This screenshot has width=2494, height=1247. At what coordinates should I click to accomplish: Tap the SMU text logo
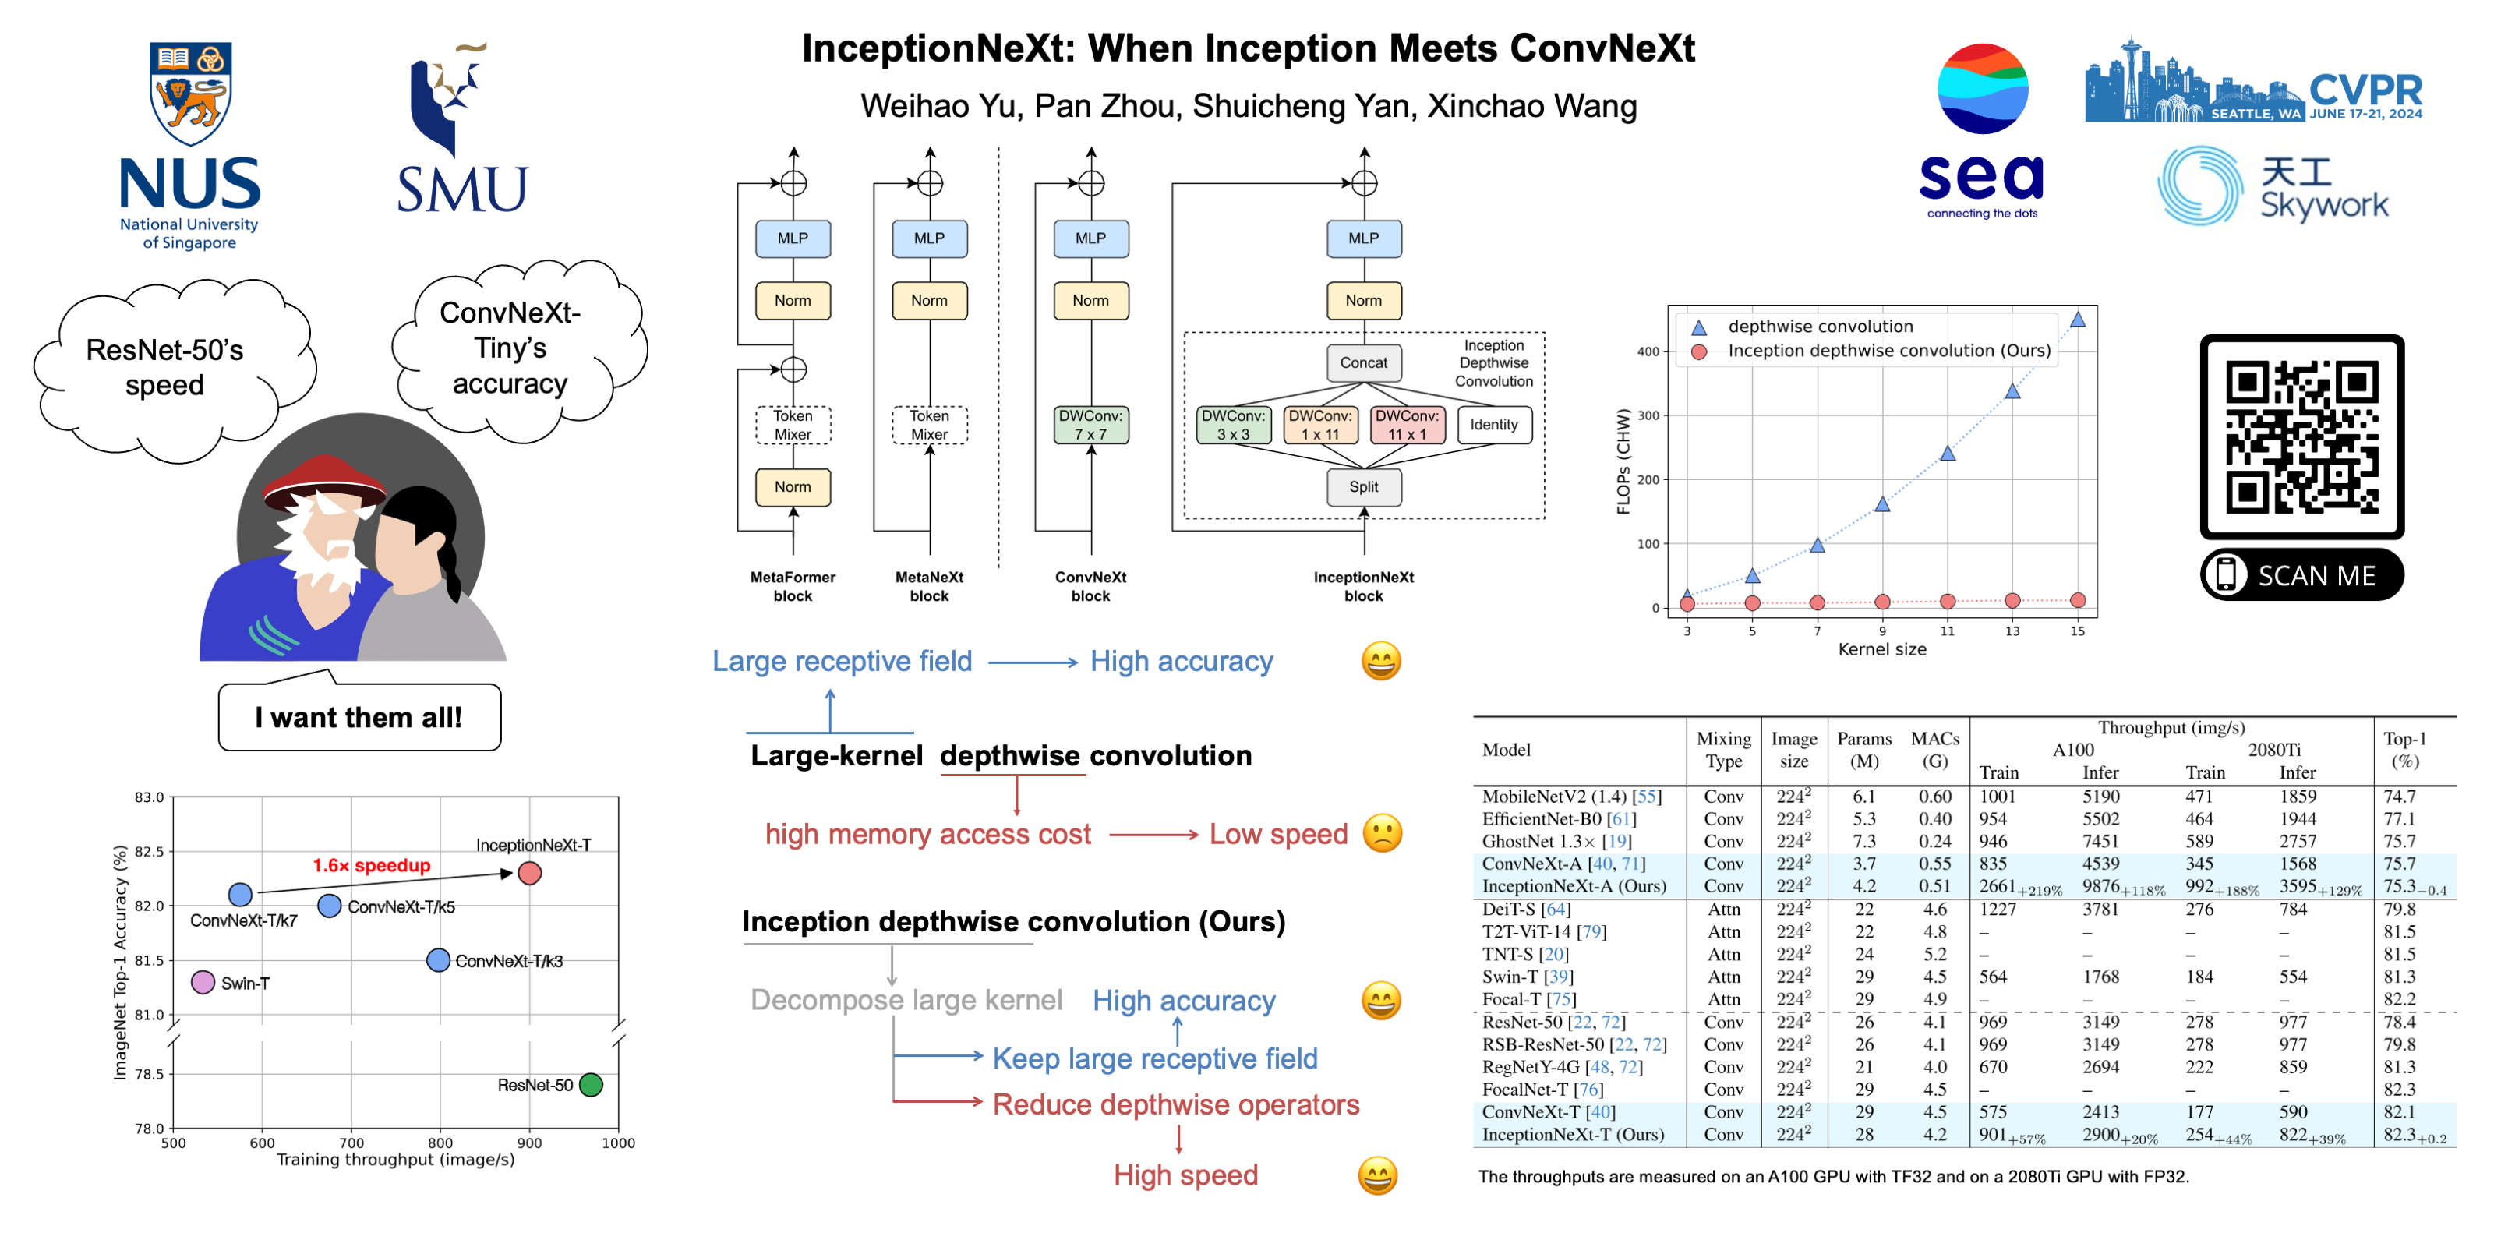click(x=463, y=189)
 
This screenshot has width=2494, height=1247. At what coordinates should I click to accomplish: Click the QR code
click(x=2301, y=436)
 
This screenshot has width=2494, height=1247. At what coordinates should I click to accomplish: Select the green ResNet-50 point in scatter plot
click(x=591, y=1084)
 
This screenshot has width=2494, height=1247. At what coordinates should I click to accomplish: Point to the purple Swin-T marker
click(x=203, y=982)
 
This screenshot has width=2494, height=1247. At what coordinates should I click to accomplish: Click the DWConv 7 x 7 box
click(x=1090, y=424)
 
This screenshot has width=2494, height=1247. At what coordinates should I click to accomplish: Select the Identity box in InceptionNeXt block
click(x=1493, y=424)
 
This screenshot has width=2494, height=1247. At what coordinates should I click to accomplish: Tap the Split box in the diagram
click(x=1363, y=486)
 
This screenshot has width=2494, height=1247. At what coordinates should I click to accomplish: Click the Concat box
click(x=1363, y=362)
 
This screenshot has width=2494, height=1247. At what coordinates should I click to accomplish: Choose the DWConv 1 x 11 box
click(x=1319, y=424)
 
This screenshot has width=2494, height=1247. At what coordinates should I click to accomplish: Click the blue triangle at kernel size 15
click(x=2077, y=320)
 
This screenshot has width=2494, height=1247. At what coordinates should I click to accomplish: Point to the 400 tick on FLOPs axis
click(x=1648, y=351)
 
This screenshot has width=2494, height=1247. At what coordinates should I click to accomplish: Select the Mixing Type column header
click(x=1723, y=749)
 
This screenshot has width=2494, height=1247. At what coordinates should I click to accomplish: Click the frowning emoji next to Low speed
click(x=1383, y=834)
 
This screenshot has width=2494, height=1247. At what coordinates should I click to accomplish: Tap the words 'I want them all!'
click(x=359, y=717)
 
